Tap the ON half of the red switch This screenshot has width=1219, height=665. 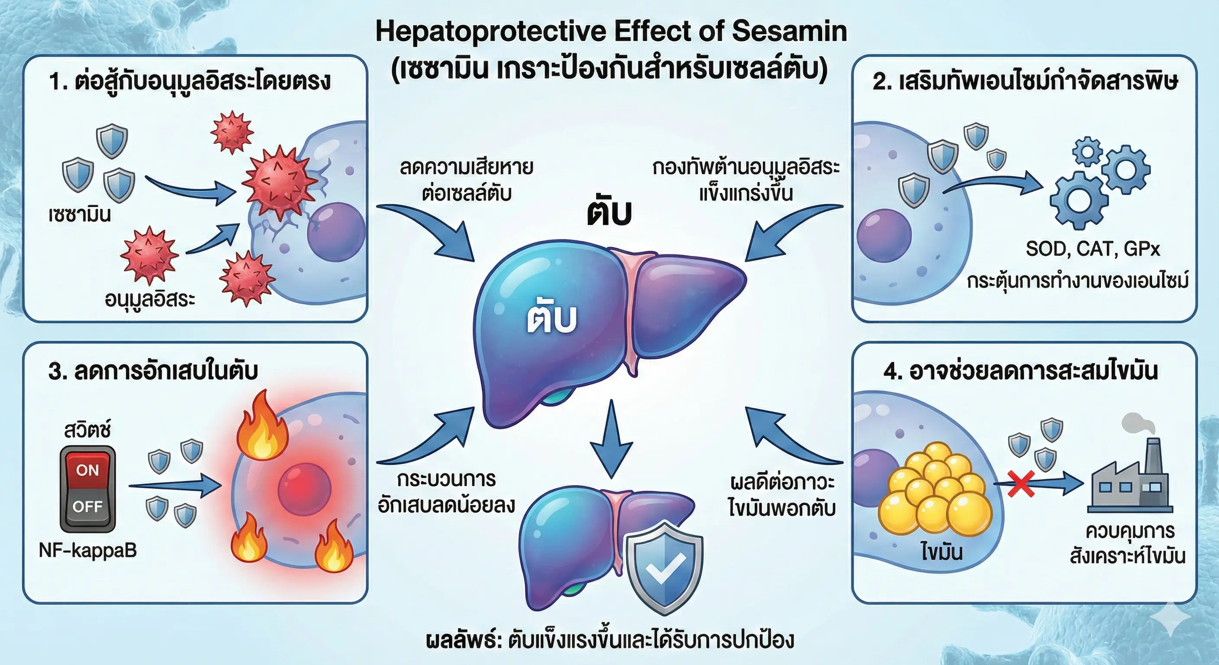click(87, 470)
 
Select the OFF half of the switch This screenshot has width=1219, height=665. click(87, 507)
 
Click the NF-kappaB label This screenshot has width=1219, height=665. click(87, 550)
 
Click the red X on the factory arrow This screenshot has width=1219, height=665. click(1020, 484)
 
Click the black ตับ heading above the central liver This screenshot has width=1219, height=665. click(609, 213)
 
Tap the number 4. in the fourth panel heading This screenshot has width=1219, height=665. click(893, 371)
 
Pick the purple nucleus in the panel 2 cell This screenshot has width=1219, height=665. click(884, 235)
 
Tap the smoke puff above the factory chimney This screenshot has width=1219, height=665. click(1138, 423)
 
